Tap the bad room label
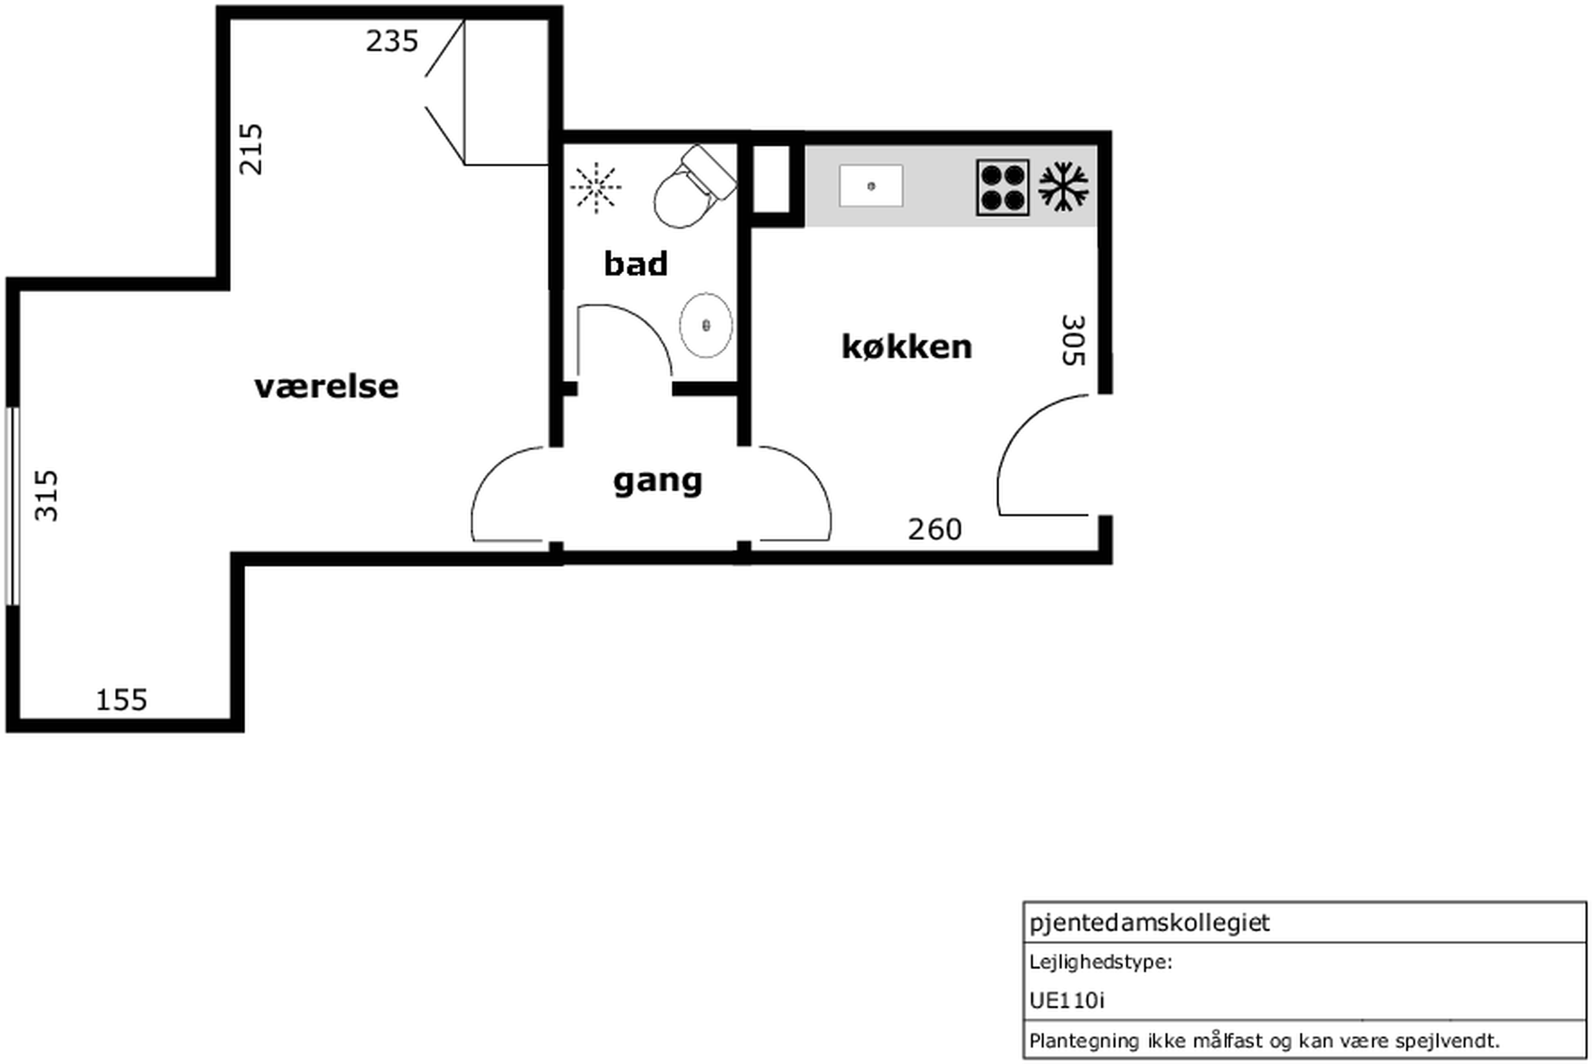(x=635, y=263)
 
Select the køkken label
(x=907, y=347)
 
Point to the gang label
(x=657, y=482)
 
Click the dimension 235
(x=392, y=41)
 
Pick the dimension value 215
(x=251, y=149)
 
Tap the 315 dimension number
(x=47, y=496)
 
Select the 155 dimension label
(x=122, y=700)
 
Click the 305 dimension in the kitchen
(x=1073, y=341)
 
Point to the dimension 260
(x=935, y=529)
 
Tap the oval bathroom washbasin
(x=706, y=325)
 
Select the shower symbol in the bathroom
(x=596, y=187)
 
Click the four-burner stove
(x=1002, y=188)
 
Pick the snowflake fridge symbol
(x=1063, y=186)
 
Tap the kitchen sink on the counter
(x=871, y=186)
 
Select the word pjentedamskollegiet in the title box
(x=1149, y=923)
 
